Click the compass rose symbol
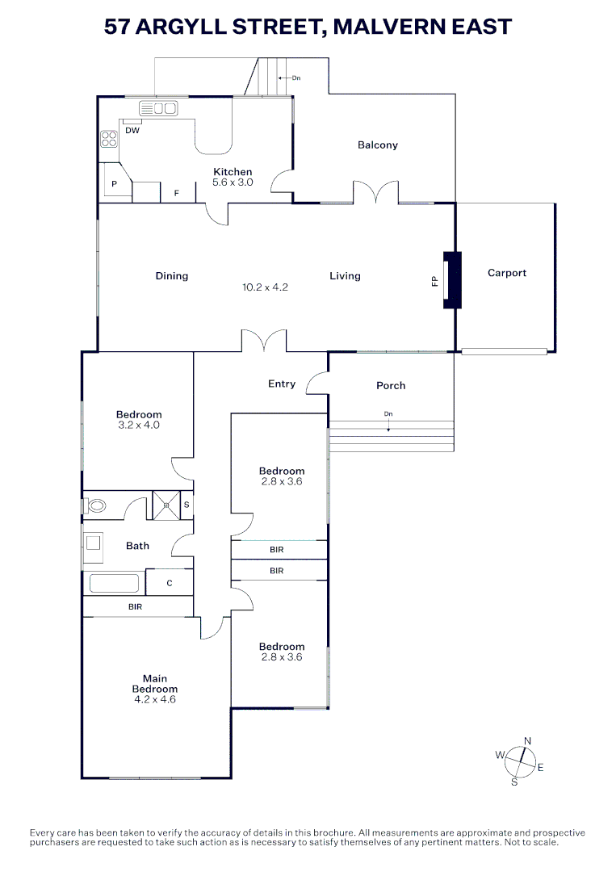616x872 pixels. (522, 760)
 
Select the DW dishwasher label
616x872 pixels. (132, 130)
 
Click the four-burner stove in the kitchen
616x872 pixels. (109, 139)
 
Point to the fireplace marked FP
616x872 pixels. (452, 280)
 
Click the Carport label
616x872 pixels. (506, 273)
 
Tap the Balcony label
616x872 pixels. (377, 145)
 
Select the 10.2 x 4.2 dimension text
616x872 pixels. (266, 287)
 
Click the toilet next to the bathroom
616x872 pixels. (95, 506)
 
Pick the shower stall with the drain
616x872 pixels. (167, 505)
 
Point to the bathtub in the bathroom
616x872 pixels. (113, 582)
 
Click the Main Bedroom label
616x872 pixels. (155, 684)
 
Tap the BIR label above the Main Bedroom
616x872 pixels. (135, 606)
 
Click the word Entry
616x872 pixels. (282, 384)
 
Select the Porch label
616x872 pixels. (391, 386)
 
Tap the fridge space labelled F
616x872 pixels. (177, 194)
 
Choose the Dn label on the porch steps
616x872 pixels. (388, 414)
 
